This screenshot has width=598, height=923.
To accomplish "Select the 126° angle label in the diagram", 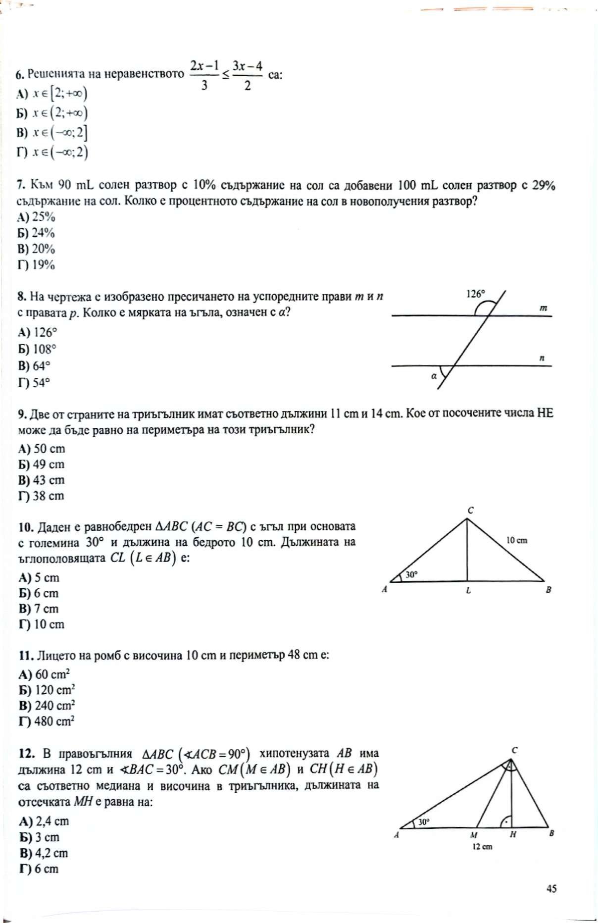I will pos(476,294).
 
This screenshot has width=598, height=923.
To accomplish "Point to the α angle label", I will pos(434,376).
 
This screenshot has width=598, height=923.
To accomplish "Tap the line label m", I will pos(543,308).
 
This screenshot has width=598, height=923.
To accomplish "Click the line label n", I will pos(542,358).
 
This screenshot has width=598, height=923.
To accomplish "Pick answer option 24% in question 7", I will pos(37,233).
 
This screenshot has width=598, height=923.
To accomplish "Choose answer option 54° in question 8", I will pos(35,383).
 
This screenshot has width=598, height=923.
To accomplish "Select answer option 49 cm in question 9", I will pos(42,464).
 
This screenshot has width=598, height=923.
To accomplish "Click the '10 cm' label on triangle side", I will pos(517,540).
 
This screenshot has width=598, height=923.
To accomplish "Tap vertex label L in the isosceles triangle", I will pos(468,591).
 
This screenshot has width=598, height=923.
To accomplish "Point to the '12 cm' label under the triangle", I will pos(482,847).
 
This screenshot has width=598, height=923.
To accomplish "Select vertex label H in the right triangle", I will pos(513,834).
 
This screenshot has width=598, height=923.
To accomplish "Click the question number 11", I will pos(25,656).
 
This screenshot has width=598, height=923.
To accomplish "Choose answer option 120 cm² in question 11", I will pos(47,690).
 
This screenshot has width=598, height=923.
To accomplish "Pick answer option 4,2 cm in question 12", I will pos(44,853).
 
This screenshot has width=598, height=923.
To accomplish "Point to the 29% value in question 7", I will pos(544,186).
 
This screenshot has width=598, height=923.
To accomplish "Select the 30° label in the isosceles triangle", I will pos(412,574).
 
